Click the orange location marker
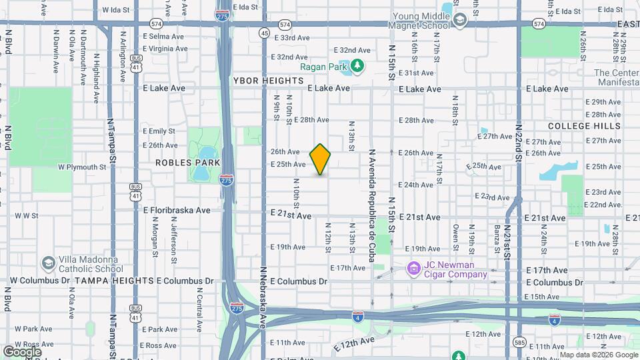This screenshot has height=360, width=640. (x=321, y=159)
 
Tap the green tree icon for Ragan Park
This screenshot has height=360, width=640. (x=357, y=65)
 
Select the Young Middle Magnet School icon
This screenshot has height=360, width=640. (x=459, y=21)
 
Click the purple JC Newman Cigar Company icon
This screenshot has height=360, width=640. (x=413, y=269)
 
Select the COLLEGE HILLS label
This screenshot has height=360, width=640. (x=579, y=126)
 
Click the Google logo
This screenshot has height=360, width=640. (x=22, y=351)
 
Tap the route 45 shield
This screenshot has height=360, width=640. (x=265, y=33)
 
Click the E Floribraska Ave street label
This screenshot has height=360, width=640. (x=177, y=210)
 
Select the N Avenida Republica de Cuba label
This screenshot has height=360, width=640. (x=371, y=199)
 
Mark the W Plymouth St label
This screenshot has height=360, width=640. (x=82, y=167)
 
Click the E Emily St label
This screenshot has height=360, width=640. (x=159, y=131)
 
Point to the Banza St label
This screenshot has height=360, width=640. (x=497, y=240)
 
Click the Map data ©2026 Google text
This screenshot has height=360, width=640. (x=598, y=355)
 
